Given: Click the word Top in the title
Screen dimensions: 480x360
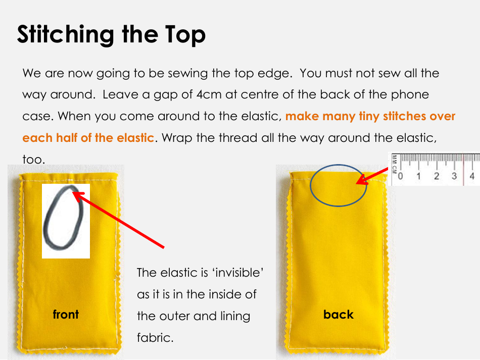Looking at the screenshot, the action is pyautogui.click(x=185, y=35).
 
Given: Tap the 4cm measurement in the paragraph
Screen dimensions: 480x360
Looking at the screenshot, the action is pyautogui.click(x=209, y=94).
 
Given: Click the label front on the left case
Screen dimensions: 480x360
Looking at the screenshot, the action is pyautogui.click(x=66, y=315).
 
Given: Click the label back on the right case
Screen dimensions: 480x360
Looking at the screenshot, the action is pyautogui.click(x=338, y=315).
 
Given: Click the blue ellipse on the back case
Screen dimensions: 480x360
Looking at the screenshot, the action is pyautogui.click(x=310, y=185).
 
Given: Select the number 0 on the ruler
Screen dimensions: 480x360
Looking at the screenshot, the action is pyautogui.click(x=400, y=176).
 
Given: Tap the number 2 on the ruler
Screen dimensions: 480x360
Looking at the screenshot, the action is pyautogui.click(x=437, y=176).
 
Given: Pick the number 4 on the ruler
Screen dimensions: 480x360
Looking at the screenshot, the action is pyautogui.click(x=472, y=176).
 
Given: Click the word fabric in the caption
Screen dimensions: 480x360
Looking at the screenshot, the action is pyautogui.click(x=155, y=338).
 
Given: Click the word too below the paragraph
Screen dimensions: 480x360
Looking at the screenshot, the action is pyautogui.click(x=34, y=160).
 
